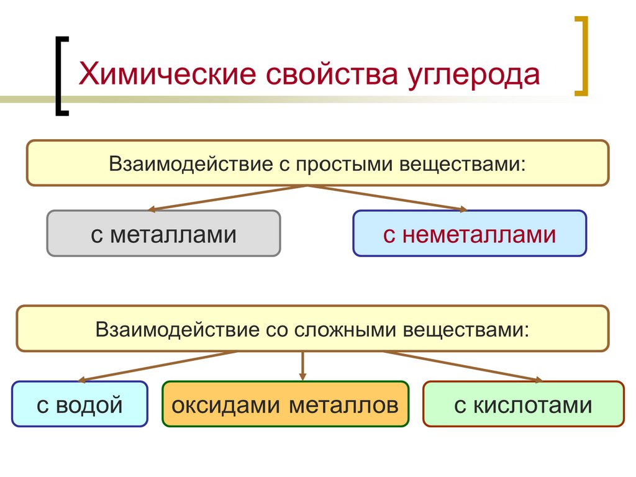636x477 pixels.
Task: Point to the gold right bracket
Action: [x=581, y=56]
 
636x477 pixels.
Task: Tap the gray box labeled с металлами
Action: [x=163, y=234]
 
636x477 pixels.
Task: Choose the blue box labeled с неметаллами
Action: [x=469, y=234]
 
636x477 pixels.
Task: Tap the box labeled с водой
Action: [x=79, y=404]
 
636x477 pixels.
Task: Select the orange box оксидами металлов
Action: [x=285, y=404]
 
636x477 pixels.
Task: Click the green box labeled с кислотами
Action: [x=523, y=404]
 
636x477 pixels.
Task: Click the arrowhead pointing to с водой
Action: [x=81, y=379]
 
